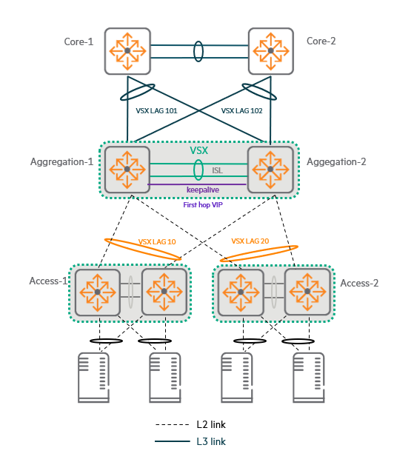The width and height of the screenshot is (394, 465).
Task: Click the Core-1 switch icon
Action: pos(127,51)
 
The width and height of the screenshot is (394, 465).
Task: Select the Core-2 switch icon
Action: pos(271,51)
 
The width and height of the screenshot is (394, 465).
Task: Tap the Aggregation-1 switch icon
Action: pos(127,170)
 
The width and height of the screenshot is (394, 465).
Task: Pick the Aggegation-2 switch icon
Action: pos(270,170)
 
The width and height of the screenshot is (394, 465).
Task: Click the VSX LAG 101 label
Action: pos(156,111)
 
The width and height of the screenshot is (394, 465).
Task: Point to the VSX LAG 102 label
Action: pos(241,111)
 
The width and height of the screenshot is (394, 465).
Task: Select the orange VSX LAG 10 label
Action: pos(157,242)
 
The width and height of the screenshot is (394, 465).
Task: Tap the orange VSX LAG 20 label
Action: pos(250,241)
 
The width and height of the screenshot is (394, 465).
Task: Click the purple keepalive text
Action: pos(203,190)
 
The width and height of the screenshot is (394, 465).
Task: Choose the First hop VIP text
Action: pos(203,205)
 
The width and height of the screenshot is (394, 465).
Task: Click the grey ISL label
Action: pos(217,170)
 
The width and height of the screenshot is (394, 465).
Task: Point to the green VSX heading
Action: pos(198,150)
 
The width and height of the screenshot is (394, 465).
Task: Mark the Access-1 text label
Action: pos(48,281)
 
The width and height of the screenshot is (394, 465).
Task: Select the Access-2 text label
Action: pos(359,283)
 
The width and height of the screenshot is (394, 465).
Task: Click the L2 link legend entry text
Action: pos(211,425)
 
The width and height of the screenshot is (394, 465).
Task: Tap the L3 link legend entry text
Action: pos(211,441)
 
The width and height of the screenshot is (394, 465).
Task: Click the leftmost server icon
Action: pos(93,378)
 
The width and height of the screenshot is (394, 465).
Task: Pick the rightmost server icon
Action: pos(309,378)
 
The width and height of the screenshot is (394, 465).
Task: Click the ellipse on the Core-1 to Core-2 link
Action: pos(198,51)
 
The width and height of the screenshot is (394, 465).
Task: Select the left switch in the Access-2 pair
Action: pos(241,292)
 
